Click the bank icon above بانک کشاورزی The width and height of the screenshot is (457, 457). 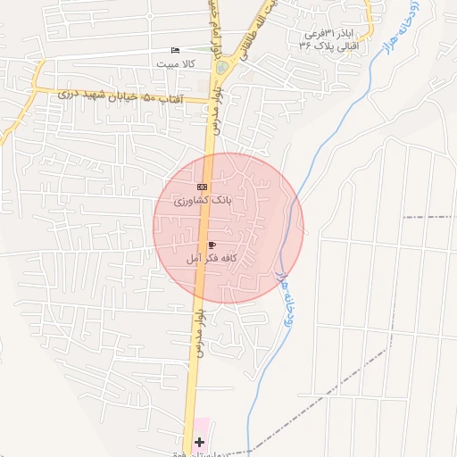coord(202,187)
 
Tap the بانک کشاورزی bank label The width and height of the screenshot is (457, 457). coord(202,202)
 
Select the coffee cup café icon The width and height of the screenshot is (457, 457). coord(212,244)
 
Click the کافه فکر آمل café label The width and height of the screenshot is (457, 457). coord(211,258)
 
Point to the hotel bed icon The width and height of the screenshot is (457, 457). coord(175,51)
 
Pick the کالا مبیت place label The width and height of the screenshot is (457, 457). coord(175,64)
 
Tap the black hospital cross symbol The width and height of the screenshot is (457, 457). coord(199,442)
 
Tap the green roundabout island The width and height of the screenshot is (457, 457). coord(221,66)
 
